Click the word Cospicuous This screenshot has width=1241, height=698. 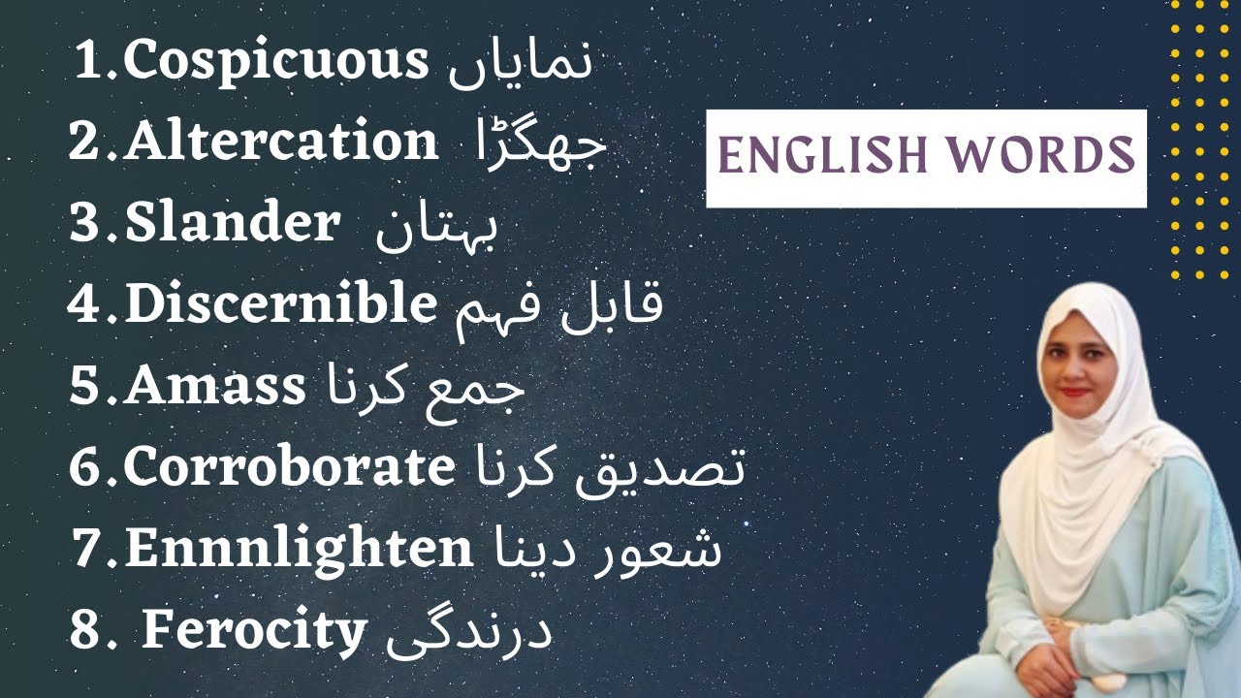[x=276, y=64]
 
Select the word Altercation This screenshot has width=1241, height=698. [x=282, y=143]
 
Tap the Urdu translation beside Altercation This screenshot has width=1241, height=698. [x=539, y=145]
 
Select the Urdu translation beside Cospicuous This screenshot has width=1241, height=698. [x=520, y=62]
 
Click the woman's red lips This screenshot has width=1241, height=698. [x=1074, y=394]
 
